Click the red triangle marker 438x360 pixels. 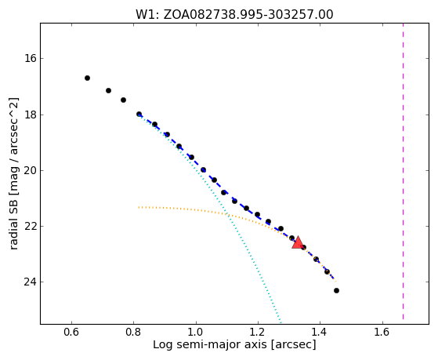click(298, 243)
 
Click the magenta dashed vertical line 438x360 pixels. click(403, 171)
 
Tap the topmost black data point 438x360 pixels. click(87, 78)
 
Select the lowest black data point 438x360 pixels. click(336, 291)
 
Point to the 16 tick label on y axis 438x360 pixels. click(31, 59)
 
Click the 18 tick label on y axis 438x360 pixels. click(31, 115)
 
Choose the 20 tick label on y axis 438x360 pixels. click(31, 170)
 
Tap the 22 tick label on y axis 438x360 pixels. click(31, 226)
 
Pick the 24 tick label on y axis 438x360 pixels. click(31, 282)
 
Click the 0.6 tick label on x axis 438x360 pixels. click(71, 332)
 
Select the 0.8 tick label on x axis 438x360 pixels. click(133, 332)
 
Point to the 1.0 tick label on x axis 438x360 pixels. click(196, 332)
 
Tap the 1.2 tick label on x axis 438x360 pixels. click(258, 332)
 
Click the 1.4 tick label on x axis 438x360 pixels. click(320, 332)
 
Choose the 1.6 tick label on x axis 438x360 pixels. click(382, 332)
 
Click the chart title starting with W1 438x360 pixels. click(234, 15)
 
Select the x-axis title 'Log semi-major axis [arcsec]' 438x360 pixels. click(234, 345)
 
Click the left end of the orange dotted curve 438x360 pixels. click(139, 207)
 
